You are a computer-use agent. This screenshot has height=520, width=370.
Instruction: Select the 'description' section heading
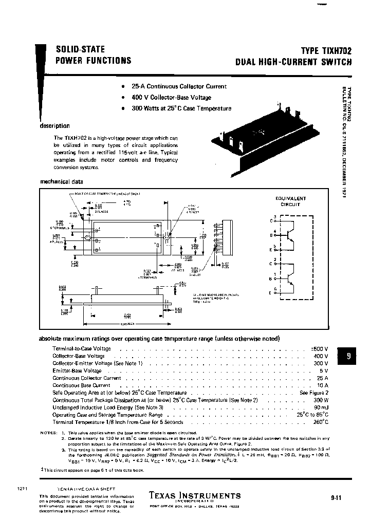pos(54,126)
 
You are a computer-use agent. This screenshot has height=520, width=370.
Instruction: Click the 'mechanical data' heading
pos(61,181)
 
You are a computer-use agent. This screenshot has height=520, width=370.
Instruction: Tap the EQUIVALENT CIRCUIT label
pos(291,201)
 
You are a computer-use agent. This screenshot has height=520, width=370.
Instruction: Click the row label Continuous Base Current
pos(81,385)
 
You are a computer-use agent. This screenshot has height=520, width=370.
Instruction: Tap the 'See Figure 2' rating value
pos(313,393)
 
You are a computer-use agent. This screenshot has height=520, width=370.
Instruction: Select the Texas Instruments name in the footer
pos(194,495)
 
